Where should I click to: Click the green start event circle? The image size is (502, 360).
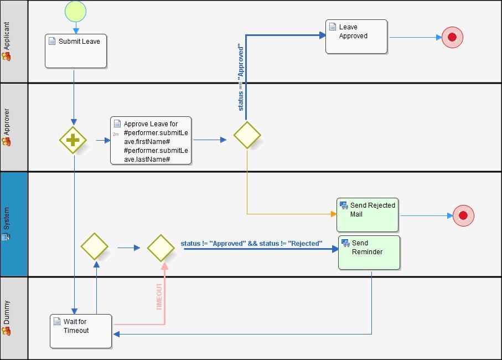[75, 11]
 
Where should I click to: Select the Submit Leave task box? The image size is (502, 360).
[76, 51]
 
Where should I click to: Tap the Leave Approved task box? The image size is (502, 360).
[356, 37]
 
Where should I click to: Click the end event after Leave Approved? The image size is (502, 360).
[452, 37]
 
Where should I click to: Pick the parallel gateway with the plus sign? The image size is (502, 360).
[73, 140]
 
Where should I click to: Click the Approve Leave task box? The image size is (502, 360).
[151, 141]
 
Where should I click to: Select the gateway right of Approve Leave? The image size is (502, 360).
[247, 135]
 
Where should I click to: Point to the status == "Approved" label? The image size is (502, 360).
[241, 78]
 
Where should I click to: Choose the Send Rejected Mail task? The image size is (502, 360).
[368, 215]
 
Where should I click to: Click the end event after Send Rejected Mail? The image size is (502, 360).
[463, 215]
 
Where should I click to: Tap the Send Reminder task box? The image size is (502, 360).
[369, 253]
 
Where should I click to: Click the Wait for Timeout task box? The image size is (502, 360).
[81, 331]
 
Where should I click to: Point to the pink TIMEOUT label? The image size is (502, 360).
[159, 296]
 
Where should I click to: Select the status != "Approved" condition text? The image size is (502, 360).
[251, 244]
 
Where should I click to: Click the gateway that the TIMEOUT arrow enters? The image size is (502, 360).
[161, 248]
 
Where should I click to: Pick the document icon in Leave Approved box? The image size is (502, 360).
[332, 27]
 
